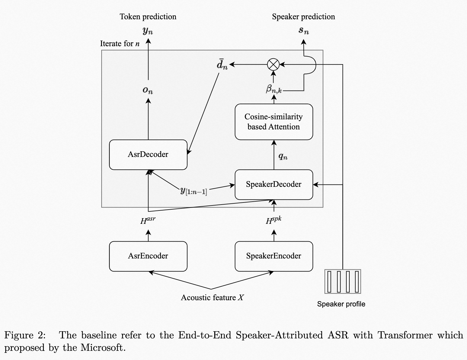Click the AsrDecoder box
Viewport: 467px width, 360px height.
tap(148, 155)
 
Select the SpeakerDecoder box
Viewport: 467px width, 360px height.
tap(274, 184)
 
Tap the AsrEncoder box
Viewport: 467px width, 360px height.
tap(148, 256)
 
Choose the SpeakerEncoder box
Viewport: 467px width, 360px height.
tap(274, 256)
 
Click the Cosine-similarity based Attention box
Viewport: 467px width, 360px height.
tap(274, 122)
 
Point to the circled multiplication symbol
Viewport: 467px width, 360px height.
tap(273, 64)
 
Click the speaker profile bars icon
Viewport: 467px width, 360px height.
tap(343, 281)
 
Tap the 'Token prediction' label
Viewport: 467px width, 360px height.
tap(148, 17)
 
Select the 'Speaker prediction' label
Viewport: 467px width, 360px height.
tap(303, 17)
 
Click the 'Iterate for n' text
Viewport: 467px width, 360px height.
tap(120, 44)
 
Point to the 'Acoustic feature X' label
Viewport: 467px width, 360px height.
tap(212, 298)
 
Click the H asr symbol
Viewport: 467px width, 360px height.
tap(148, 221)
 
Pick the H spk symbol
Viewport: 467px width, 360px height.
tap(273, 221)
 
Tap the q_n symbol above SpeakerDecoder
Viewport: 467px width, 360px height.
tap(283, 156)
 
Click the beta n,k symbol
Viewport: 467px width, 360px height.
tap(273, 89)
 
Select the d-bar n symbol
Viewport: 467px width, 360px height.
tap(222, 65)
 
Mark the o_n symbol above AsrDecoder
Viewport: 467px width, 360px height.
tap(148, 90)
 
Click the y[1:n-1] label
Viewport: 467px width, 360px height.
tap(193, 191)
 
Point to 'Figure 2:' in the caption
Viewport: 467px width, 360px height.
tap(25, 335)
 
